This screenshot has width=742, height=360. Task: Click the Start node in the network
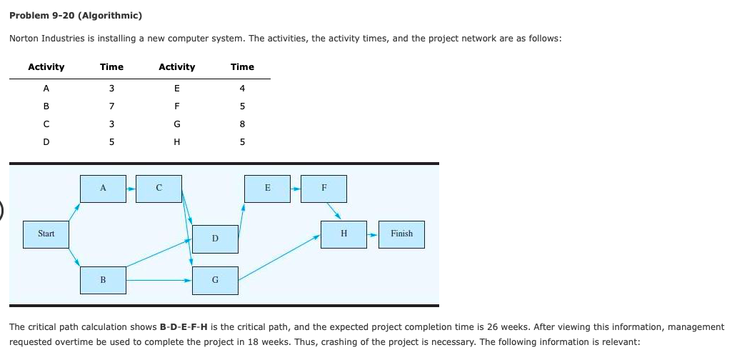(46, 234)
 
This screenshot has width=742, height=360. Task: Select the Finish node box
(401, 234)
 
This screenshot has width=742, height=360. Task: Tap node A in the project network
(103, 188)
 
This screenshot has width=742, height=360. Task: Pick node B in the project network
(103, 280)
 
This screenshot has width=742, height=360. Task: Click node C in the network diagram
(159, 188)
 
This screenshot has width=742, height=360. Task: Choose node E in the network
(267, 188)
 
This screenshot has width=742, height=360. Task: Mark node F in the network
(324, 188)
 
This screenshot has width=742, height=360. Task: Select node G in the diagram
(215, 280)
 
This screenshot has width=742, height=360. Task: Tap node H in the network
(344, 234)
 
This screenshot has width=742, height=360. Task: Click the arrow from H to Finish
(373, 234)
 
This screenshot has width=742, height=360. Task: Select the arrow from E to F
(296, 189)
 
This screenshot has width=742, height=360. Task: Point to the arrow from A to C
(131, 189)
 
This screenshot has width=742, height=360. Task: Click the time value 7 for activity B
(111, 106)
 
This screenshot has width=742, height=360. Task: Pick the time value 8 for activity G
(242, 123)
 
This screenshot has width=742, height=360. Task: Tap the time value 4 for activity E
(242, 89)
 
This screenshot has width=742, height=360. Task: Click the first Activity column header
(46, 66)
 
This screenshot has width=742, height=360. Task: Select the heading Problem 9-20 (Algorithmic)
(75, 15)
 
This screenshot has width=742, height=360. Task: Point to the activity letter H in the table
(176, 140)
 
